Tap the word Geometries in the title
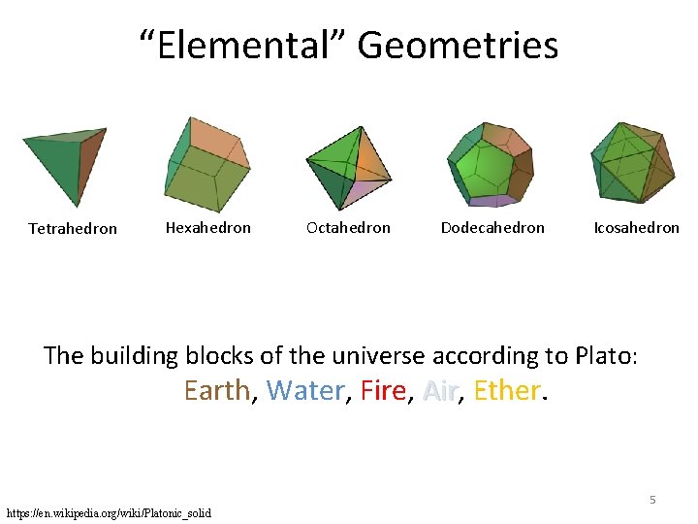[458, 46]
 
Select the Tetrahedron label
[73, 229]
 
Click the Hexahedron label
[207, 228]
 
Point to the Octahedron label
[348, 228]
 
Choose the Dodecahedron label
[492, 228]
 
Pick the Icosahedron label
[636, 228]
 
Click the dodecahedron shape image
[490, 164]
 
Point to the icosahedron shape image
[632, 162]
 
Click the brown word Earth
[217, 390]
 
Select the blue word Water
[304, 390]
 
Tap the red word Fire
[384, 390]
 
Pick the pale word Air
[440, 390]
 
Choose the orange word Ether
[507, 390]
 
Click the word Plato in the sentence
[602, 355]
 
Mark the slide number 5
[652, 500]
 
